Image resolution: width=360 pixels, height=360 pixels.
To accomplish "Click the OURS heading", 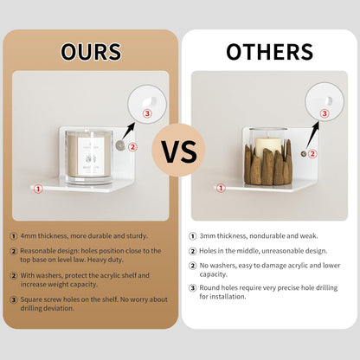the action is click(91, 52).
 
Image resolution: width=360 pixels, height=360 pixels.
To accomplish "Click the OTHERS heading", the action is click(270, 52).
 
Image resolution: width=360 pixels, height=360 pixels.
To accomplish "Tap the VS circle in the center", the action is click(178, 150).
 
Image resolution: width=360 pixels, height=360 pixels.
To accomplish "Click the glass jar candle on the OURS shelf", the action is click(88, 157).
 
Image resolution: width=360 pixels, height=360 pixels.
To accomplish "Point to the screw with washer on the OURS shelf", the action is click(119, 145).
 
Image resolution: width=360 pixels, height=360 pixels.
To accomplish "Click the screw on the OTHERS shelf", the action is click(304, 154).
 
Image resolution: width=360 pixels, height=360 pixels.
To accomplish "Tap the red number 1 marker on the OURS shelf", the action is click(38, 189).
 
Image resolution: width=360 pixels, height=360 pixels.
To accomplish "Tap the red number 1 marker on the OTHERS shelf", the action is click(221, 189).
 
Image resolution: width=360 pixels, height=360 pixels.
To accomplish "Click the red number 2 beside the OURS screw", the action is click(132, 147).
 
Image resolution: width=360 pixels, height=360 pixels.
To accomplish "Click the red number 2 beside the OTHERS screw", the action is click(312, 154).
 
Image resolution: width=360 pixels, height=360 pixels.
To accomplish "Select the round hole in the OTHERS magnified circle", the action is click(329, 101).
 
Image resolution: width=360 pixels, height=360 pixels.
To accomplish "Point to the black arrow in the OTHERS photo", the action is click(312, 134).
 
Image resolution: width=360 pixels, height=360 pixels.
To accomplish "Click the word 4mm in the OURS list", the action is click(29, 236).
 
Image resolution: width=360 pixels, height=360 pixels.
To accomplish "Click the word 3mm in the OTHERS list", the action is click(208, 236).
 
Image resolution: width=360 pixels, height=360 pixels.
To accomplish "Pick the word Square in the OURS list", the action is click(30, 299).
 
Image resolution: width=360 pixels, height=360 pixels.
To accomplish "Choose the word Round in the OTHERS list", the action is click(209, 287).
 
